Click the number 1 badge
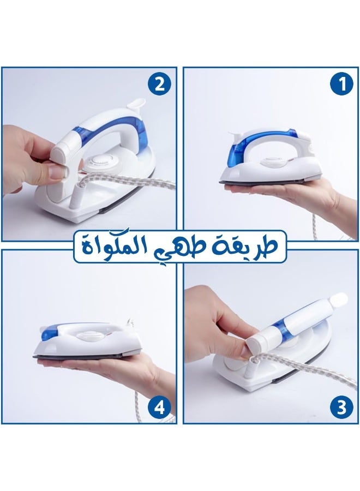click(342, 85)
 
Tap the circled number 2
click(159, 85)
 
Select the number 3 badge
click(342, 407)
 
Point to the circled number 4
click(159, 407)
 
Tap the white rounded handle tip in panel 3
click(338, 299)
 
